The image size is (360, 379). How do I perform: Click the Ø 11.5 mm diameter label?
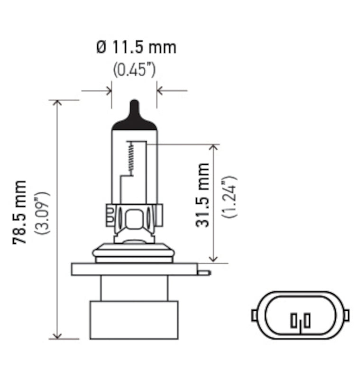136,48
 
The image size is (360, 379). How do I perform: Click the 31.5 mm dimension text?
203,195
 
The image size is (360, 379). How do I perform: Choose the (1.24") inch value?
229,196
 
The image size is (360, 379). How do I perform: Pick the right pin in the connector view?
307,321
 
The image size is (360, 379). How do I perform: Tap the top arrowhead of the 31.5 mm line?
214,148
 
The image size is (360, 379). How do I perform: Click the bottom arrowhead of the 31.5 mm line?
214,258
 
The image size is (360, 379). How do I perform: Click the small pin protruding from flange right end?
203,272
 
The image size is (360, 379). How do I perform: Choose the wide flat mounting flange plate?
134,269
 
